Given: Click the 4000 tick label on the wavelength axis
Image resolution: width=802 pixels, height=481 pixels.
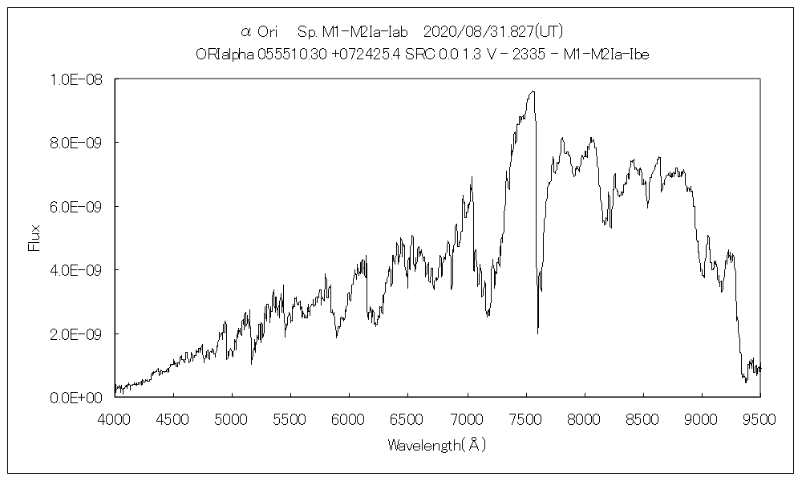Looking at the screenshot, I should click(115, 418).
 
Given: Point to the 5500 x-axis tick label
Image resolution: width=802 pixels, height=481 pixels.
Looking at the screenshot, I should click(291, 418).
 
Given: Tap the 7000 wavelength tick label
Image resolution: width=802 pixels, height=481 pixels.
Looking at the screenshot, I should click(467, 418).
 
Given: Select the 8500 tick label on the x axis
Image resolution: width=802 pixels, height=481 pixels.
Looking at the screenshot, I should click(643, 418).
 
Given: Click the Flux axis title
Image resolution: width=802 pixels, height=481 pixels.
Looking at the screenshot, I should click(34, 238).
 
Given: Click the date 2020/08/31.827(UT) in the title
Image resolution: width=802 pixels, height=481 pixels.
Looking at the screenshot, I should click(492, 32).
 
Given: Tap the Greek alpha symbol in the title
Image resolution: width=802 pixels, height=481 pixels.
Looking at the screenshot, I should click(246, 32).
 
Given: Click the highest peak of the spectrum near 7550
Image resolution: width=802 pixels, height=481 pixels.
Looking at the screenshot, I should click(532, 91).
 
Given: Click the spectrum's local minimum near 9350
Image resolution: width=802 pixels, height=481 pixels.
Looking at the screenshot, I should click(746, 382).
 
